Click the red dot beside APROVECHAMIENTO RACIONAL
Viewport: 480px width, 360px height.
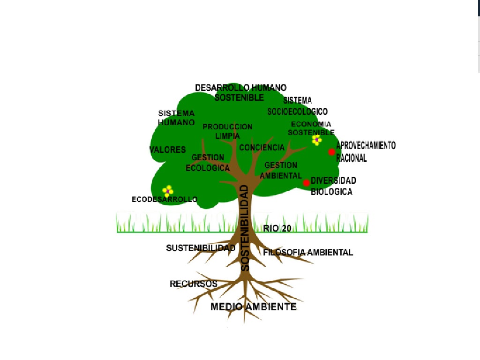[331, 152]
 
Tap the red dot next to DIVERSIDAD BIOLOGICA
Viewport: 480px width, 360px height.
[307, 183]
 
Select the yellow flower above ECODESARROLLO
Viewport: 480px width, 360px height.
[168, 190]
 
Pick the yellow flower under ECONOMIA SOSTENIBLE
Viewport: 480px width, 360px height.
[317, 140]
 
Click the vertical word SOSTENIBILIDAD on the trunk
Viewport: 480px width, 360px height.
[245, 228]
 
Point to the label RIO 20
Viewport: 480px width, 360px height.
[277, 228]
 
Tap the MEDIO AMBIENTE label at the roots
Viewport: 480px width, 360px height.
[253, 307]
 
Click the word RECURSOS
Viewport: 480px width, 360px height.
[194, 284]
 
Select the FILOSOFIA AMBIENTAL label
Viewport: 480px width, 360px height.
[308, 252]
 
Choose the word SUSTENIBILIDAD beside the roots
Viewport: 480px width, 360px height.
[201, 248]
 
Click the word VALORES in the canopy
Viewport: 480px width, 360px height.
[167, 150]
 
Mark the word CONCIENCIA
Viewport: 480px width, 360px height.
[262, 148]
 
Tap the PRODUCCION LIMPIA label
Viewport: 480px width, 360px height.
[227, 131]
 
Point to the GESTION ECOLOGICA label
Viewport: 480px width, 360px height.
[208, 163]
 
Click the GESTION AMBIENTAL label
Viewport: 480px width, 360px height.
[281, 170]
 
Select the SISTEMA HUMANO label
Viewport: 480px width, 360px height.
[176, 118]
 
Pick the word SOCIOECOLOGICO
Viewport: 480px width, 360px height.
[297, 112]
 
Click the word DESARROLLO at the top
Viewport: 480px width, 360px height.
[222, 88]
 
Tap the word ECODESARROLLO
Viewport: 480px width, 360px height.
[165, 200]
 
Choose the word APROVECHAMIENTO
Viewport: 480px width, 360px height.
[366, 145]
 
